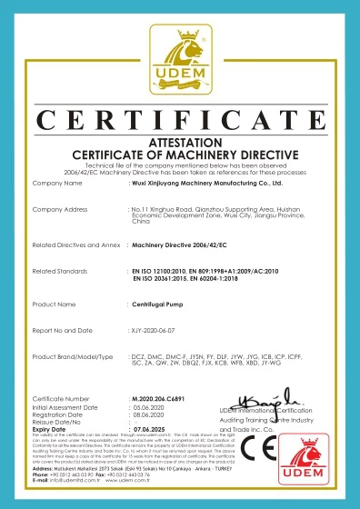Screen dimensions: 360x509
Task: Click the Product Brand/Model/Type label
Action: [x=72, y=357]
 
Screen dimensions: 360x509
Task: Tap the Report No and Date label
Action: [x=65, y=331]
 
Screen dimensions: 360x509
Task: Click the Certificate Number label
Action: [x=61, y=398]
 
